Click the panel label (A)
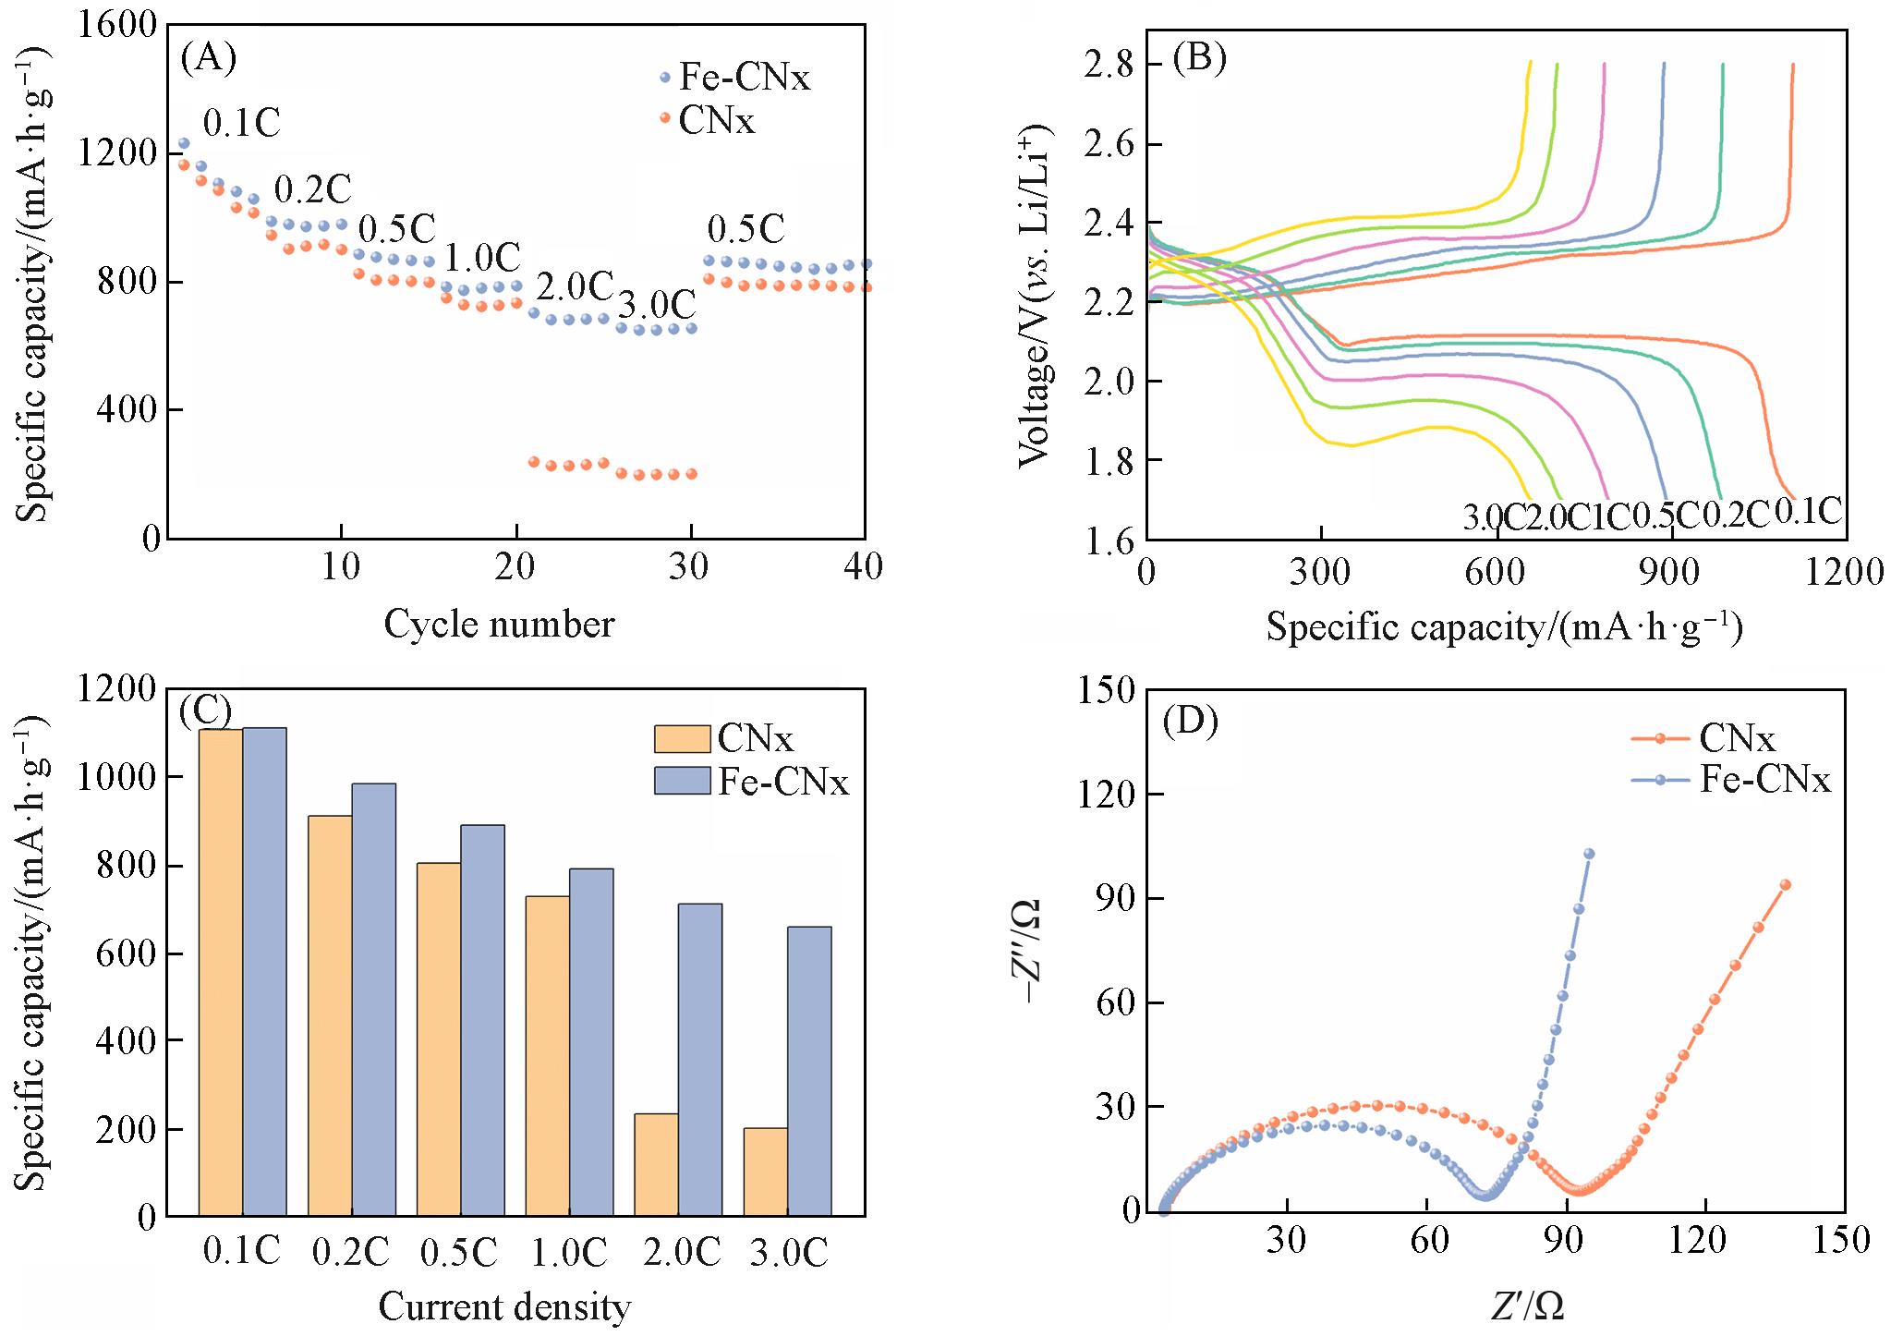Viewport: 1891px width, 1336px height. tap(209, 58)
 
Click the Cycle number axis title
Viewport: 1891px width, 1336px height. tap(498, 625)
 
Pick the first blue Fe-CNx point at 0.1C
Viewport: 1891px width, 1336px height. tap(183, 143)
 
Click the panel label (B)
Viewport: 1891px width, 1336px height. tap(1198, 58)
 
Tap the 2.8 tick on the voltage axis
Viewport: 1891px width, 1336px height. tap(1110, 65)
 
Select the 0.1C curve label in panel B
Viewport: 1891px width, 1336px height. tap(1808, 511)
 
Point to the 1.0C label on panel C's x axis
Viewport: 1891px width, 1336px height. tap(569, 1253)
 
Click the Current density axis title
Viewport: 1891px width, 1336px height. tap(504, 1307)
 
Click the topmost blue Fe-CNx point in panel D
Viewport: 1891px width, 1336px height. tap(1589, 854)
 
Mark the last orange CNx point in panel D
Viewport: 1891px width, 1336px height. tap(1786, 884)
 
